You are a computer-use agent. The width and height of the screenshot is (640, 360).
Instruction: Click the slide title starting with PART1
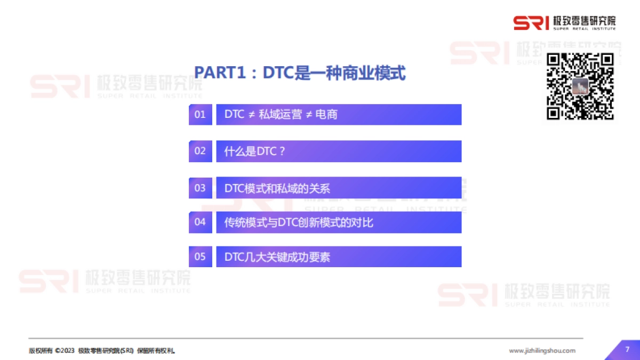coord(300,73)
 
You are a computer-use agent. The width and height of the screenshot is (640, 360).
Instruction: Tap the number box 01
coord(200,114)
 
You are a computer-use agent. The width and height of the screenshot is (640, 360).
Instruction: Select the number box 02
coord(200,151)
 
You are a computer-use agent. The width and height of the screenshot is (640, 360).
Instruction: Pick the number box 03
coord(200,188)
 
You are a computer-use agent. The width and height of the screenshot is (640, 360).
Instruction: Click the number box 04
coord(200,222)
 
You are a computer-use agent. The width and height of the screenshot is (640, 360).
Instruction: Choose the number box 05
coord(200,257)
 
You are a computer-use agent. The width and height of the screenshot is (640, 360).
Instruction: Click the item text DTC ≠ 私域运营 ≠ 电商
coord(281,114)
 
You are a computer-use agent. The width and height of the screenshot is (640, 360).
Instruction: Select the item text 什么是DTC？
coord(255,151)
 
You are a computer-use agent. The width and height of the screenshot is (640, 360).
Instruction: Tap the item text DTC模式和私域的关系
coord(277,188)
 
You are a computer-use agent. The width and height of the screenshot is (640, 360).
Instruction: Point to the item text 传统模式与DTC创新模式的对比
coord(299,222)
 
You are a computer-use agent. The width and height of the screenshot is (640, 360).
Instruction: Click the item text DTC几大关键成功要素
coord(277,257)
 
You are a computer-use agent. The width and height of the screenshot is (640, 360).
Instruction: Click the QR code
coord(581,86)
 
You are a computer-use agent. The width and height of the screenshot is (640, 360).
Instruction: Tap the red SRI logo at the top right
coord(531,23)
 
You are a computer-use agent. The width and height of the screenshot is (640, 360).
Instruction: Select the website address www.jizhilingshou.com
coord(542,350)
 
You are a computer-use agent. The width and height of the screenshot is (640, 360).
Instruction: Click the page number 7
coord(627,349)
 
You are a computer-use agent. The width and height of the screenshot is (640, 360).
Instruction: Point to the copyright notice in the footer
coord(102,351)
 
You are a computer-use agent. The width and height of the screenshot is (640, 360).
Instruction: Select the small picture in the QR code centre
coord(580,86)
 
